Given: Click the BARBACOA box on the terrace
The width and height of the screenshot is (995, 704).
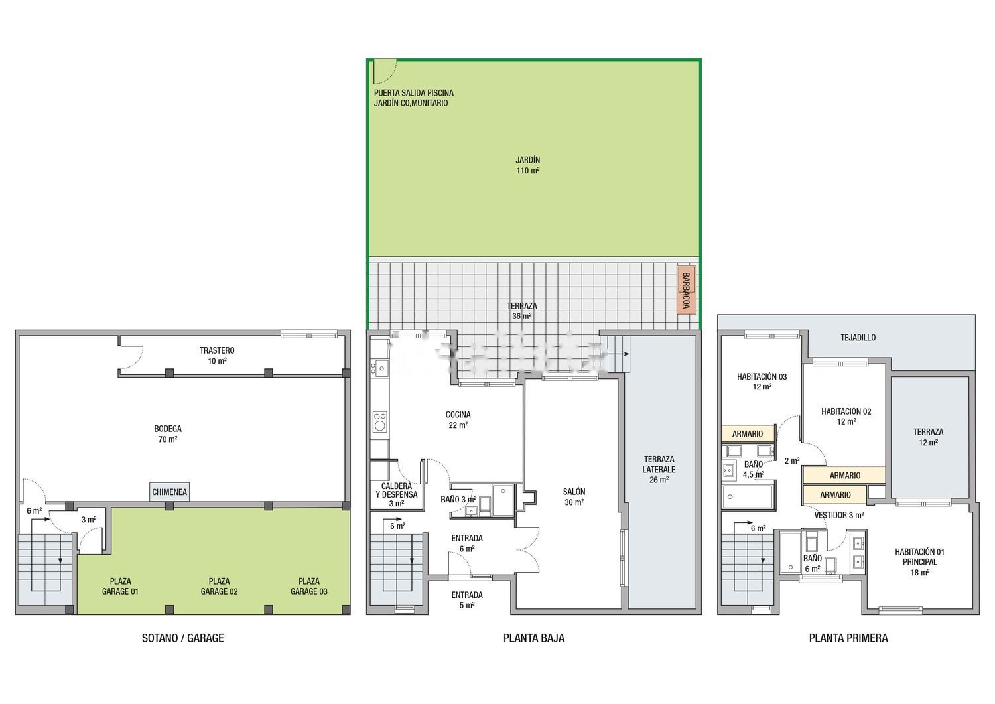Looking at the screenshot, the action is coord(686,290).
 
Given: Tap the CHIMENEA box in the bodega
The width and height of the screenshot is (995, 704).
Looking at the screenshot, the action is coord(169,492).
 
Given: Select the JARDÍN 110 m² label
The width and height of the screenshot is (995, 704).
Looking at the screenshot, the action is coord(528,165).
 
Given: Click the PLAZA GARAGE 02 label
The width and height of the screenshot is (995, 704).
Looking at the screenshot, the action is coord(219,586).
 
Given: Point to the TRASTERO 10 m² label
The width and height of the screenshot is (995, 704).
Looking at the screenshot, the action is coord(217,356).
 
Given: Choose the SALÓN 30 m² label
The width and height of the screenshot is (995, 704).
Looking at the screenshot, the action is coord(574,497).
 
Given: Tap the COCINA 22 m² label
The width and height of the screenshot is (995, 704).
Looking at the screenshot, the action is coord(458,419).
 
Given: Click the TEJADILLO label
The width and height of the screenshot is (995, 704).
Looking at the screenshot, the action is coord(858,338).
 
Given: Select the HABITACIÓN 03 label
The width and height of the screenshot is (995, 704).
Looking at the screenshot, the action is coord(762,376).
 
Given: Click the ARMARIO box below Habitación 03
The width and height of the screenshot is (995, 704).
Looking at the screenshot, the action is coord(748,434).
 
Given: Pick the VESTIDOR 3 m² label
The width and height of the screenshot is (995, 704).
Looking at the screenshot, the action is coord(838,515).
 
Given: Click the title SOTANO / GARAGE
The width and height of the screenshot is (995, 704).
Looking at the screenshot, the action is coord(182,638).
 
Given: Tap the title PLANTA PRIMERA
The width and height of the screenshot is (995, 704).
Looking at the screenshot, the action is coord(848,638).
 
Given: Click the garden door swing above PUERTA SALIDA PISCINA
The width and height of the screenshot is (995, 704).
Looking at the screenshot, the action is coord(385,72).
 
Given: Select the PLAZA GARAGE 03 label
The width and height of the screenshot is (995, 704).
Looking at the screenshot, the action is coord(308,586).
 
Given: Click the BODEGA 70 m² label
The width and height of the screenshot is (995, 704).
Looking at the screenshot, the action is coord(167,434).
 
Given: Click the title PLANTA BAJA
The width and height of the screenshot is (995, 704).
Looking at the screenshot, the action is coord(533,638).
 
